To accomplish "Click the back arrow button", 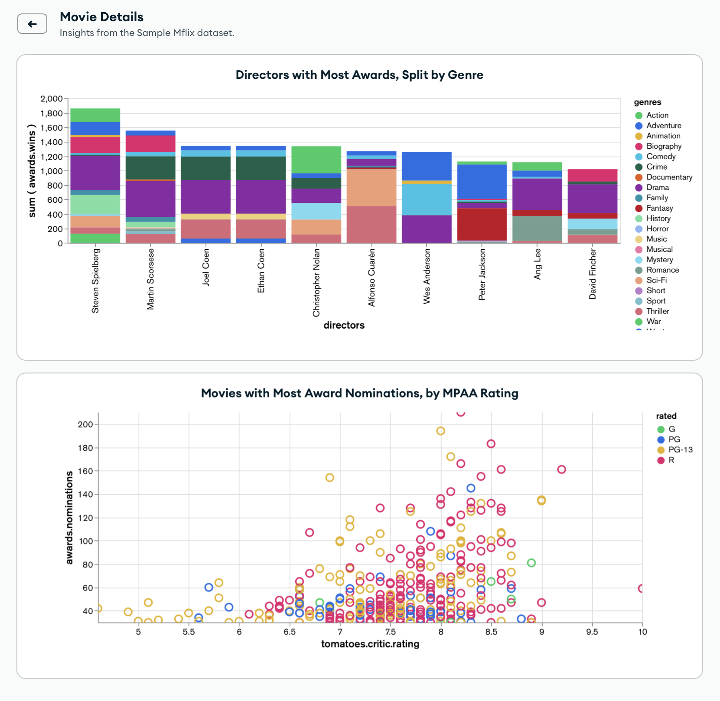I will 32,24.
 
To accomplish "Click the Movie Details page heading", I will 101,17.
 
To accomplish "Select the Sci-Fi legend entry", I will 656,280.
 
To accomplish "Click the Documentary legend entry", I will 669,177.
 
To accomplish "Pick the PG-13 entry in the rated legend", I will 680,450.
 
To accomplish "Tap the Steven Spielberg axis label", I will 95,280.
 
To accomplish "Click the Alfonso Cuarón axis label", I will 371,277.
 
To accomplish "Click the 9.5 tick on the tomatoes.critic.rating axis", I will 592,632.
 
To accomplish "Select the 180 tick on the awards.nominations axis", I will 85,448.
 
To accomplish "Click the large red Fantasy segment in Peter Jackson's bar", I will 482,224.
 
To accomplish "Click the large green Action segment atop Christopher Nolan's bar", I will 316,160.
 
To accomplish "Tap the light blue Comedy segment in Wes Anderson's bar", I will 427,199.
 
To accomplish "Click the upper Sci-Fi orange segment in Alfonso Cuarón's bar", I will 371,187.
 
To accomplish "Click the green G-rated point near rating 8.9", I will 531,563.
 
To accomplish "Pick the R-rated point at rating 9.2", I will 561,470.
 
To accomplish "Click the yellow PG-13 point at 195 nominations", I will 440,431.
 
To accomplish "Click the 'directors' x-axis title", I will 344,325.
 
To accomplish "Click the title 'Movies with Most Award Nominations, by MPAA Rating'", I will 359,393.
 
